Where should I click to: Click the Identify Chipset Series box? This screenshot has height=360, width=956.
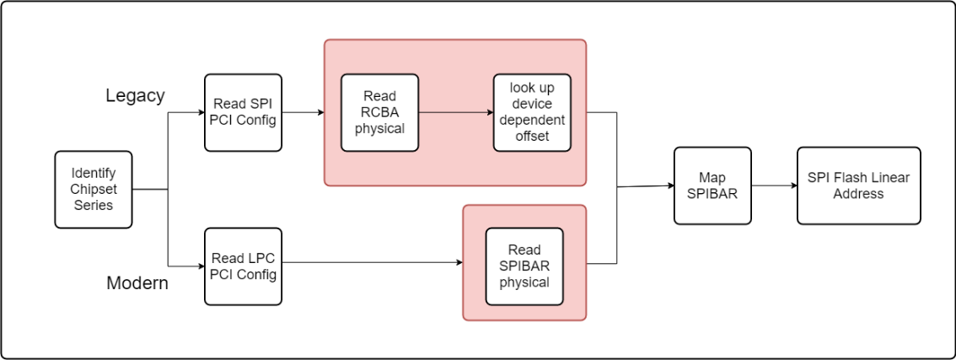[x=94, y=190]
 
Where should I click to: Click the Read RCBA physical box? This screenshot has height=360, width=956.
[x=379, y=112]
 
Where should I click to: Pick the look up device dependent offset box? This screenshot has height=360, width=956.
[x=531, y=112]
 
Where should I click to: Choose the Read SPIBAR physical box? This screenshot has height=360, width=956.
[x=524, y=266]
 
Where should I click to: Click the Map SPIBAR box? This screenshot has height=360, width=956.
[x=712, y=185]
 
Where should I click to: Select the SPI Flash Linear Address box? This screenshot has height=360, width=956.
[x=858, y=185]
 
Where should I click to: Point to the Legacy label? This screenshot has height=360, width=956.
[x=135, y=96]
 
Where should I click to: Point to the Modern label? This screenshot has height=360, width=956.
[x=137, y=283]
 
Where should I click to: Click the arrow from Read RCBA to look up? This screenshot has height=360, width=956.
[x=455, y=112]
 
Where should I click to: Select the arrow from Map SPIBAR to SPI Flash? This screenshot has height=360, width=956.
[x=773, y=185]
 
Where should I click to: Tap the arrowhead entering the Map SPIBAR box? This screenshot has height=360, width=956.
[x=669, y=185]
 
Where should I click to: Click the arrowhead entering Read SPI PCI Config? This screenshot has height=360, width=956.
[x=201, y=112]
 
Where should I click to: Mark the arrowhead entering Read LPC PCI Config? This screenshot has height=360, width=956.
[x=201, y=266]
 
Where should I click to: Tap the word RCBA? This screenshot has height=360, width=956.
[x=379, y=112]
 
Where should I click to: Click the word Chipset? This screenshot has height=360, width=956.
[x=94, y=190]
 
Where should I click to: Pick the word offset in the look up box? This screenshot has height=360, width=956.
[x=531, y=135]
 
